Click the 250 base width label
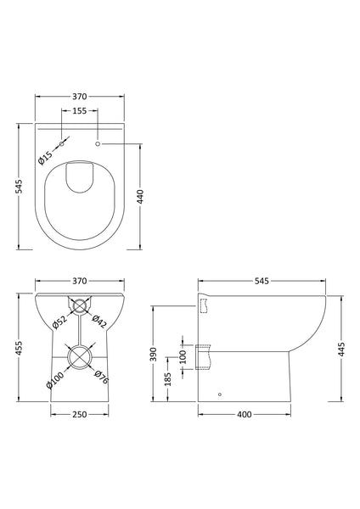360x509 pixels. pos(81,416)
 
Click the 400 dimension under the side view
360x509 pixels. pos(245,416)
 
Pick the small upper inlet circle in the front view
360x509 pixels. pos(80,305)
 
